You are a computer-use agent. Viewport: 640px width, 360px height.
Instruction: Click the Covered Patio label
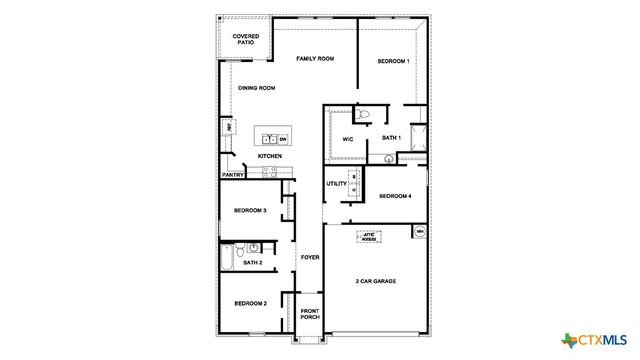[246, 39]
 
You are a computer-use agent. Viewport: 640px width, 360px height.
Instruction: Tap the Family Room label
[314, 60]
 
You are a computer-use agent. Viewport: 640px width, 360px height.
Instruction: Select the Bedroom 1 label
[393, 63]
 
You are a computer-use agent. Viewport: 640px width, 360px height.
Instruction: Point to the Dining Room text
[256, 88]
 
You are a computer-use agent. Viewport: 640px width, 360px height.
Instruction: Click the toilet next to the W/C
[363, 114]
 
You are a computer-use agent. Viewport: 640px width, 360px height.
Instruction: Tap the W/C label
[348, 138]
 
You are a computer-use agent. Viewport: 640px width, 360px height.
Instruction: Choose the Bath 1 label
[391, 137]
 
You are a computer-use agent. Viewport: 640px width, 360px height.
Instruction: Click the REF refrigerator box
[229, 128]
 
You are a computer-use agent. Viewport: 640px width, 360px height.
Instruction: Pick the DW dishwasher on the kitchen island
[282, 138]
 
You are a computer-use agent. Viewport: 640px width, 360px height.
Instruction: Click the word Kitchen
[270, 157]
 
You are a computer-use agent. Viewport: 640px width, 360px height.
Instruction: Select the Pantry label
[232, 175]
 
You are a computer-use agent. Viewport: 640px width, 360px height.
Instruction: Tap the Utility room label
[336, 184]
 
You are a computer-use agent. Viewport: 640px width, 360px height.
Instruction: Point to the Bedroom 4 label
[393, 196]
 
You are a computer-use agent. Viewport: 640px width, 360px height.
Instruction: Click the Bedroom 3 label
[249, 211]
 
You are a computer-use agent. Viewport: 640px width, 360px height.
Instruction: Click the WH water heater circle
[420, 232]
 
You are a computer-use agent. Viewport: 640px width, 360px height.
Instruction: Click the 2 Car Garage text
[376, 282]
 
